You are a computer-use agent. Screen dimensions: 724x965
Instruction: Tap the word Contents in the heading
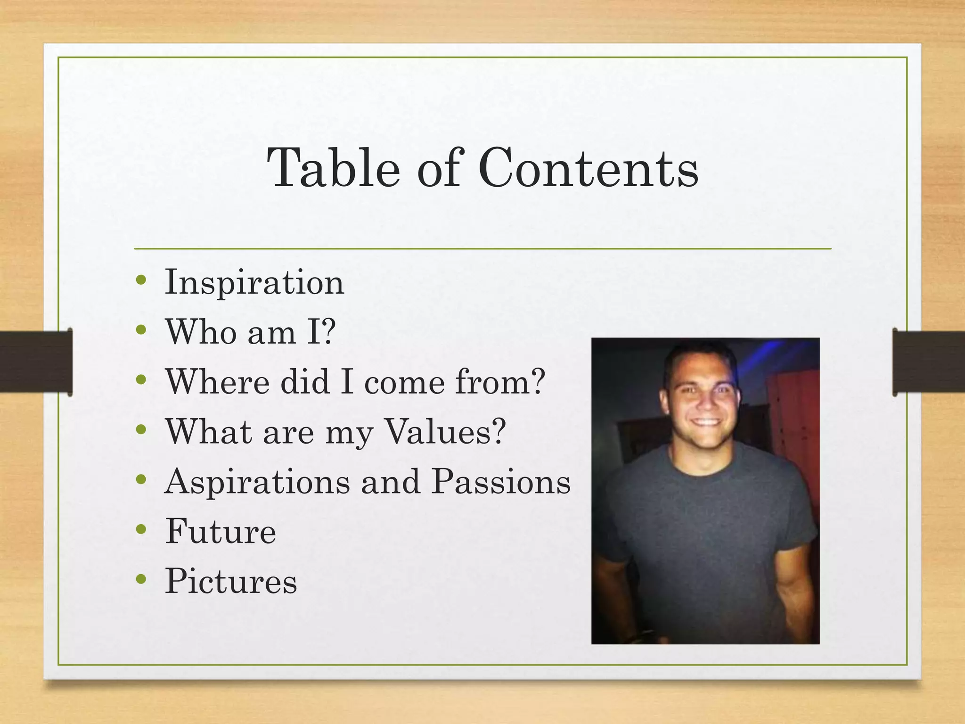point(589,168)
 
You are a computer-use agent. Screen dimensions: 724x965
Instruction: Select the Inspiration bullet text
point(254,282)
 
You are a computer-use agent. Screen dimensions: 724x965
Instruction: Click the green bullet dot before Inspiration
point(141,280)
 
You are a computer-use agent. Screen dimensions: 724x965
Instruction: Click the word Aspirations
point(257,482)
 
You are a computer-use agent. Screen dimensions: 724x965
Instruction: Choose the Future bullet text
point(221,531)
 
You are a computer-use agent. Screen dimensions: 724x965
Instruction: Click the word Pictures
point(231,581)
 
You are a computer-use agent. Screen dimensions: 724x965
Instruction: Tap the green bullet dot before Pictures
point(141,579)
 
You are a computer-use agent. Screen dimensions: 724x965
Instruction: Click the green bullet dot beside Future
point(141,529)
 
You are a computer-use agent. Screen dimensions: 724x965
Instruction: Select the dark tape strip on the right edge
point(928,362)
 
